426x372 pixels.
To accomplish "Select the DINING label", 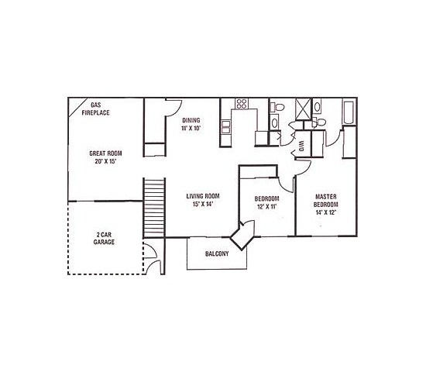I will pyautogui.click(x=191, y=121).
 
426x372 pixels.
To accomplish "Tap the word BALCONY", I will pyautogui.click(x=216, y=253).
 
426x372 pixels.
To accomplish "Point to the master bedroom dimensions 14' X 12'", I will pyautogui.click(x=325, y=212).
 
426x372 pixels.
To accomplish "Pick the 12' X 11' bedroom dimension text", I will pyautogui.click(x=266, y=207).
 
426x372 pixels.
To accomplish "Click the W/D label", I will pyautogui.click(x=300, y=146).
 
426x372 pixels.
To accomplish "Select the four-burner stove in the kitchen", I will pyautogui.click(x=241, y=104).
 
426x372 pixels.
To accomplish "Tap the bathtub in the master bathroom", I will pyautogui.click(x=349, y=114).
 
